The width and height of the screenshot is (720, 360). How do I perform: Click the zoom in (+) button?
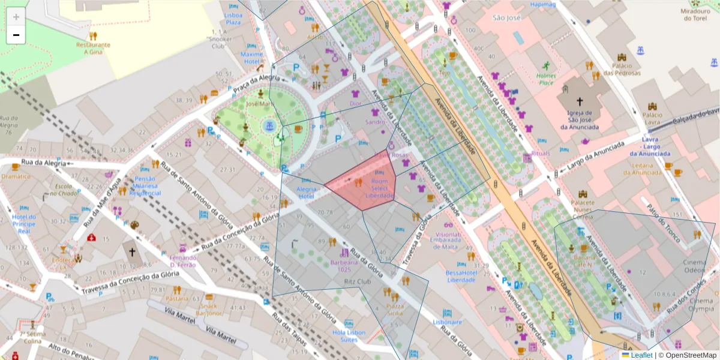[x=16, y=17]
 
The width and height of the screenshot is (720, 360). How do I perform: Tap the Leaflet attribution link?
[x=641, y=355]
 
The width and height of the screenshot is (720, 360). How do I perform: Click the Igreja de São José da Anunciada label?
[x=580, y=119]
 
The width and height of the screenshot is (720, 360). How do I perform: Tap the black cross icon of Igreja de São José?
[x=580, y=101]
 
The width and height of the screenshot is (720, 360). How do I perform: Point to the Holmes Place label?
[x=546, y=79]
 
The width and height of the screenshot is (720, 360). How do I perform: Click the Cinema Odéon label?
[x=694, y=266]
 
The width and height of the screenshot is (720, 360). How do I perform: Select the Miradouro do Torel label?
[x=695, y=15]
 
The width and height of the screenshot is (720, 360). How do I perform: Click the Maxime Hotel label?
[x=252, y=58]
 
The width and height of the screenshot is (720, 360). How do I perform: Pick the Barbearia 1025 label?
[x=344, y=266]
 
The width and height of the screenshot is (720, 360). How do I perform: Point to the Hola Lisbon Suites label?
[x=349, y=336]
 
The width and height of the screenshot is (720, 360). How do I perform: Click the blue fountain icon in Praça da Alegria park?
[x=269, y=125]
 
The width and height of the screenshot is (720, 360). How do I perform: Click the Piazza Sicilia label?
[x=394, y=310]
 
